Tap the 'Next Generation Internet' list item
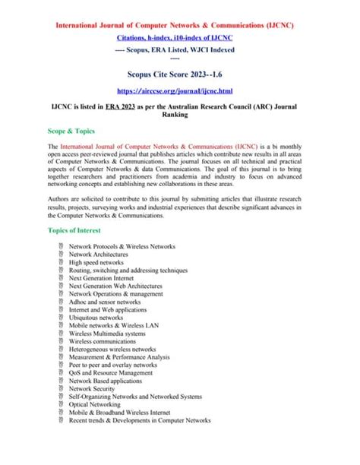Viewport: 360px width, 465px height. [x=106, y=278]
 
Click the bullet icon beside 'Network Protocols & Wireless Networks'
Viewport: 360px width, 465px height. [x=61, y=247]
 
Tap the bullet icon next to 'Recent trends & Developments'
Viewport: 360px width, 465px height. [x=61, y=420]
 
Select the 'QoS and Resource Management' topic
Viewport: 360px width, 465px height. [x=111, y=373]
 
